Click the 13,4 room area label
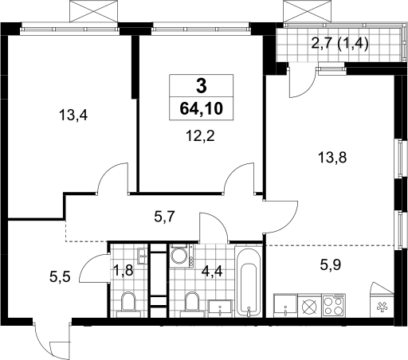point(73,115)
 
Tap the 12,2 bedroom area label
point(200,136)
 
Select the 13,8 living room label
point(332,158)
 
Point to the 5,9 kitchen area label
point(331,264)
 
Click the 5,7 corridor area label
point(164,217)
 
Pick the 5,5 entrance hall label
point(60,277)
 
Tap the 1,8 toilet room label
point(123,272)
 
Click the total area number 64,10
point(202,108)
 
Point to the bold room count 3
point(202,87)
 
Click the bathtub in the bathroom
point(249,281)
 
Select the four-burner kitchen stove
point(334,305)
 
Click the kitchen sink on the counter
point(285,305)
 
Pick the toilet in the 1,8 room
point(128,304)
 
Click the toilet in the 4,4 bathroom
point(192,304)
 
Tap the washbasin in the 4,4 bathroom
point(220,308)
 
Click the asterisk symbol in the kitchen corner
point(382,307)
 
